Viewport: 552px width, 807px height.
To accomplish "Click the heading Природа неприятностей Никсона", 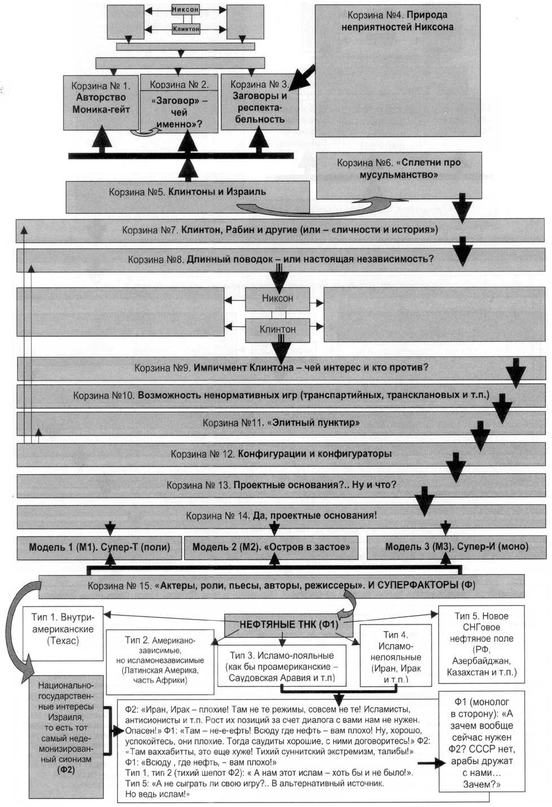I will [x=397, y=21].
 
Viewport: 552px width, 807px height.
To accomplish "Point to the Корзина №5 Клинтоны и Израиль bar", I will [x=187, y=192].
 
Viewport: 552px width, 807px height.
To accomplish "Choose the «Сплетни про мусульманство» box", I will [x=398, y=169].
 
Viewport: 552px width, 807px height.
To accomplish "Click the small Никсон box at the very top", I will [x=185, y=10].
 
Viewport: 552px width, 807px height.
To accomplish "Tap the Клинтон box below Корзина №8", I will [x=277, y=329].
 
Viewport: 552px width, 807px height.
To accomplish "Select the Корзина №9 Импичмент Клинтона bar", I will [x=281, y=368].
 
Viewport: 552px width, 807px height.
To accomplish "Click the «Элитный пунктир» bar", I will [x=281, y=423].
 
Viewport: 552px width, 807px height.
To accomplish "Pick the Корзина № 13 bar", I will [x=281, y=485].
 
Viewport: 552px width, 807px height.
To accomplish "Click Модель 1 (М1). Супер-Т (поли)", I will [x=99, y=546].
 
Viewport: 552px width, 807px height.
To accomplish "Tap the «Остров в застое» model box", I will [x=271, y=546].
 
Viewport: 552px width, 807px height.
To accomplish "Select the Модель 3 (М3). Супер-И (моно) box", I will [x=457, y=546].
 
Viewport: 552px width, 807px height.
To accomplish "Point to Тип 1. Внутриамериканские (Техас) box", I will [x=63, y=629].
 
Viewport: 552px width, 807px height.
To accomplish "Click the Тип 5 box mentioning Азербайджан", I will [x=481, y=644].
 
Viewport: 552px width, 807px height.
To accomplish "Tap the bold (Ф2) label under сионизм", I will [x=66, y=769].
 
